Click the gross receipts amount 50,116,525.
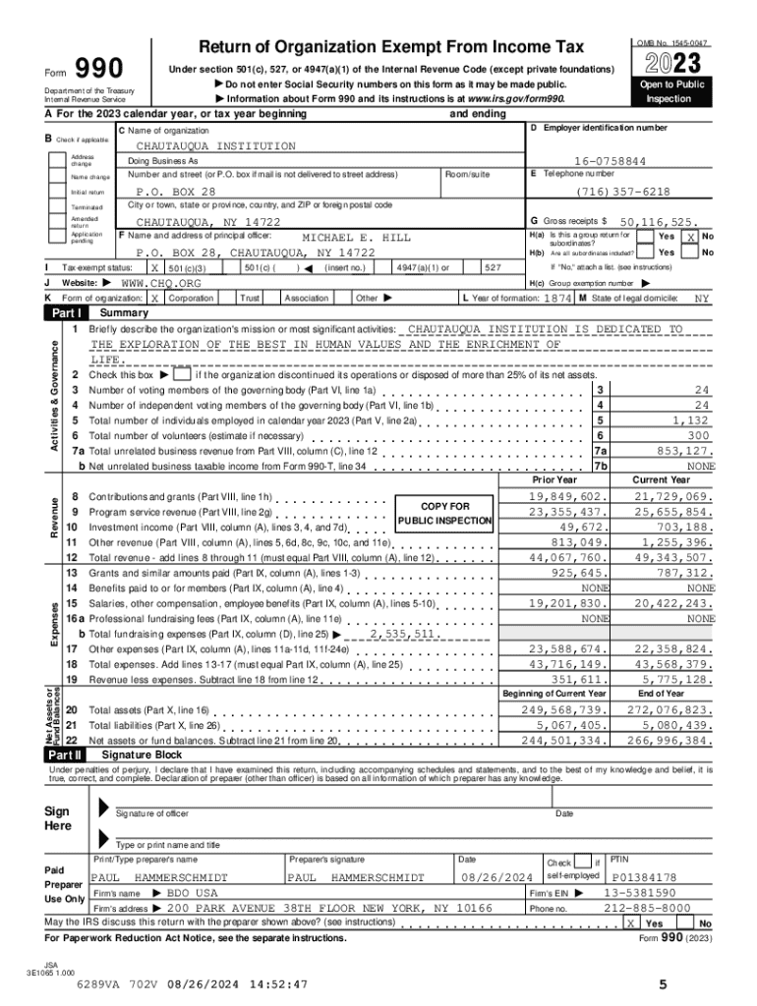[659, 223]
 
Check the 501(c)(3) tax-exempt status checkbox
[154, 267]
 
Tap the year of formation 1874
[557, 297]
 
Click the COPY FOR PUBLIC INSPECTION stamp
[445, 513]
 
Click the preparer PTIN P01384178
[644, 876]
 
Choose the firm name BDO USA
[192, 893]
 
